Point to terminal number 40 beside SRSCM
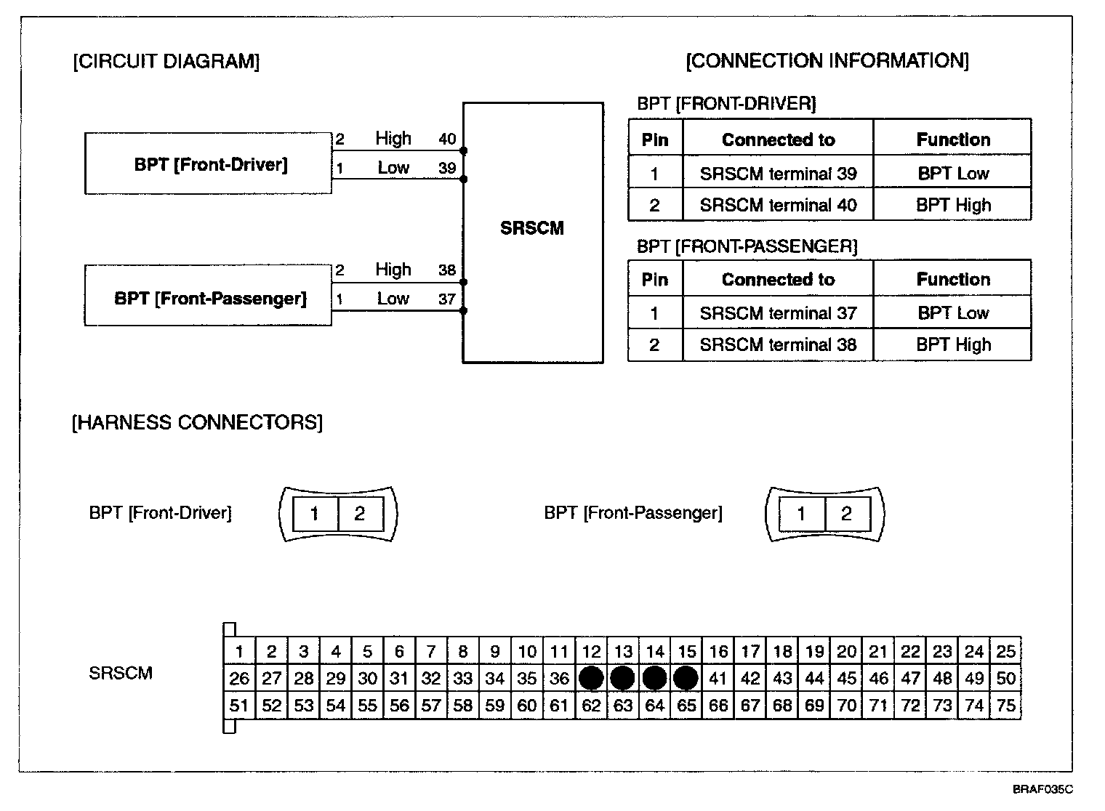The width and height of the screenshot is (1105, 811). point(447,139)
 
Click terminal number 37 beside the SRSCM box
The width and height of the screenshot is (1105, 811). point(446,299)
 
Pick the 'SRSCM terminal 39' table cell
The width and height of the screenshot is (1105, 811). point(778,174)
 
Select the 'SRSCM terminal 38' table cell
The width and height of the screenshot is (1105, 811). point(778,344)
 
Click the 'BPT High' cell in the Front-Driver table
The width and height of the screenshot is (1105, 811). point(953,205)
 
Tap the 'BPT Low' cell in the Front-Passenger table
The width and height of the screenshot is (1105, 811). point(953,312)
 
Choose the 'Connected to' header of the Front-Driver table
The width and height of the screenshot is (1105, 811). point(778,140)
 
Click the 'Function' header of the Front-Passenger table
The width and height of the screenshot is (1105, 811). point(953,279)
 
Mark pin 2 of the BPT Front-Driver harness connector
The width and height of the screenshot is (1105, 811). point(360,514)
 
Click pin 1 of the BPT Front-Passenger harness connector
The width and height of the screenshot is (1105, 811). point(801,514)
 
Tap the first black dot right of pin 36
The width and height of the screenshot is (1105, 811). point(591,679)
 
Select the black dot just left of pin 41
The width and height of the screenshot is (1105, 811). point(686,679)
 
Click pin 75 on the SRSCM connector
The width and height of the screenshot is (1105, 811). point(1005,706)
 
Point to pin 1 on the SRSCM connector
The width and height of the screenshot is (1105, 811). point(239,652)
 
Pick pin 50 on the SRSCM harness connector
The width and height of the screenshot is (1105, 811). point(1005,679)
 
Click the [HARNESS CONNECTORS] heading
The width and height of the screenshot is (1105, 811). point(197,422)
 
